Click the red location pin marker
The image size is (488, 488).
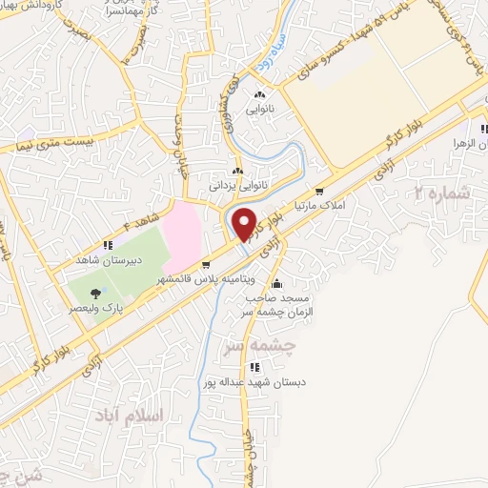(245, 223)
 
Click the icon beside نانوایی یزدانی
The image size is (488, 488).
(236, 171)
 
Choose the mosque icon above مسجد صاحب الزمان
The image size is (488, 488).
(276, 283)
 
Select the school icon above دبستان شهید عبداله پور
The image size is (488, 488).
(254, 367)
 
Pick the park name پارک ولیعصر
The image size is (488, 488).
(100, 308)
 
